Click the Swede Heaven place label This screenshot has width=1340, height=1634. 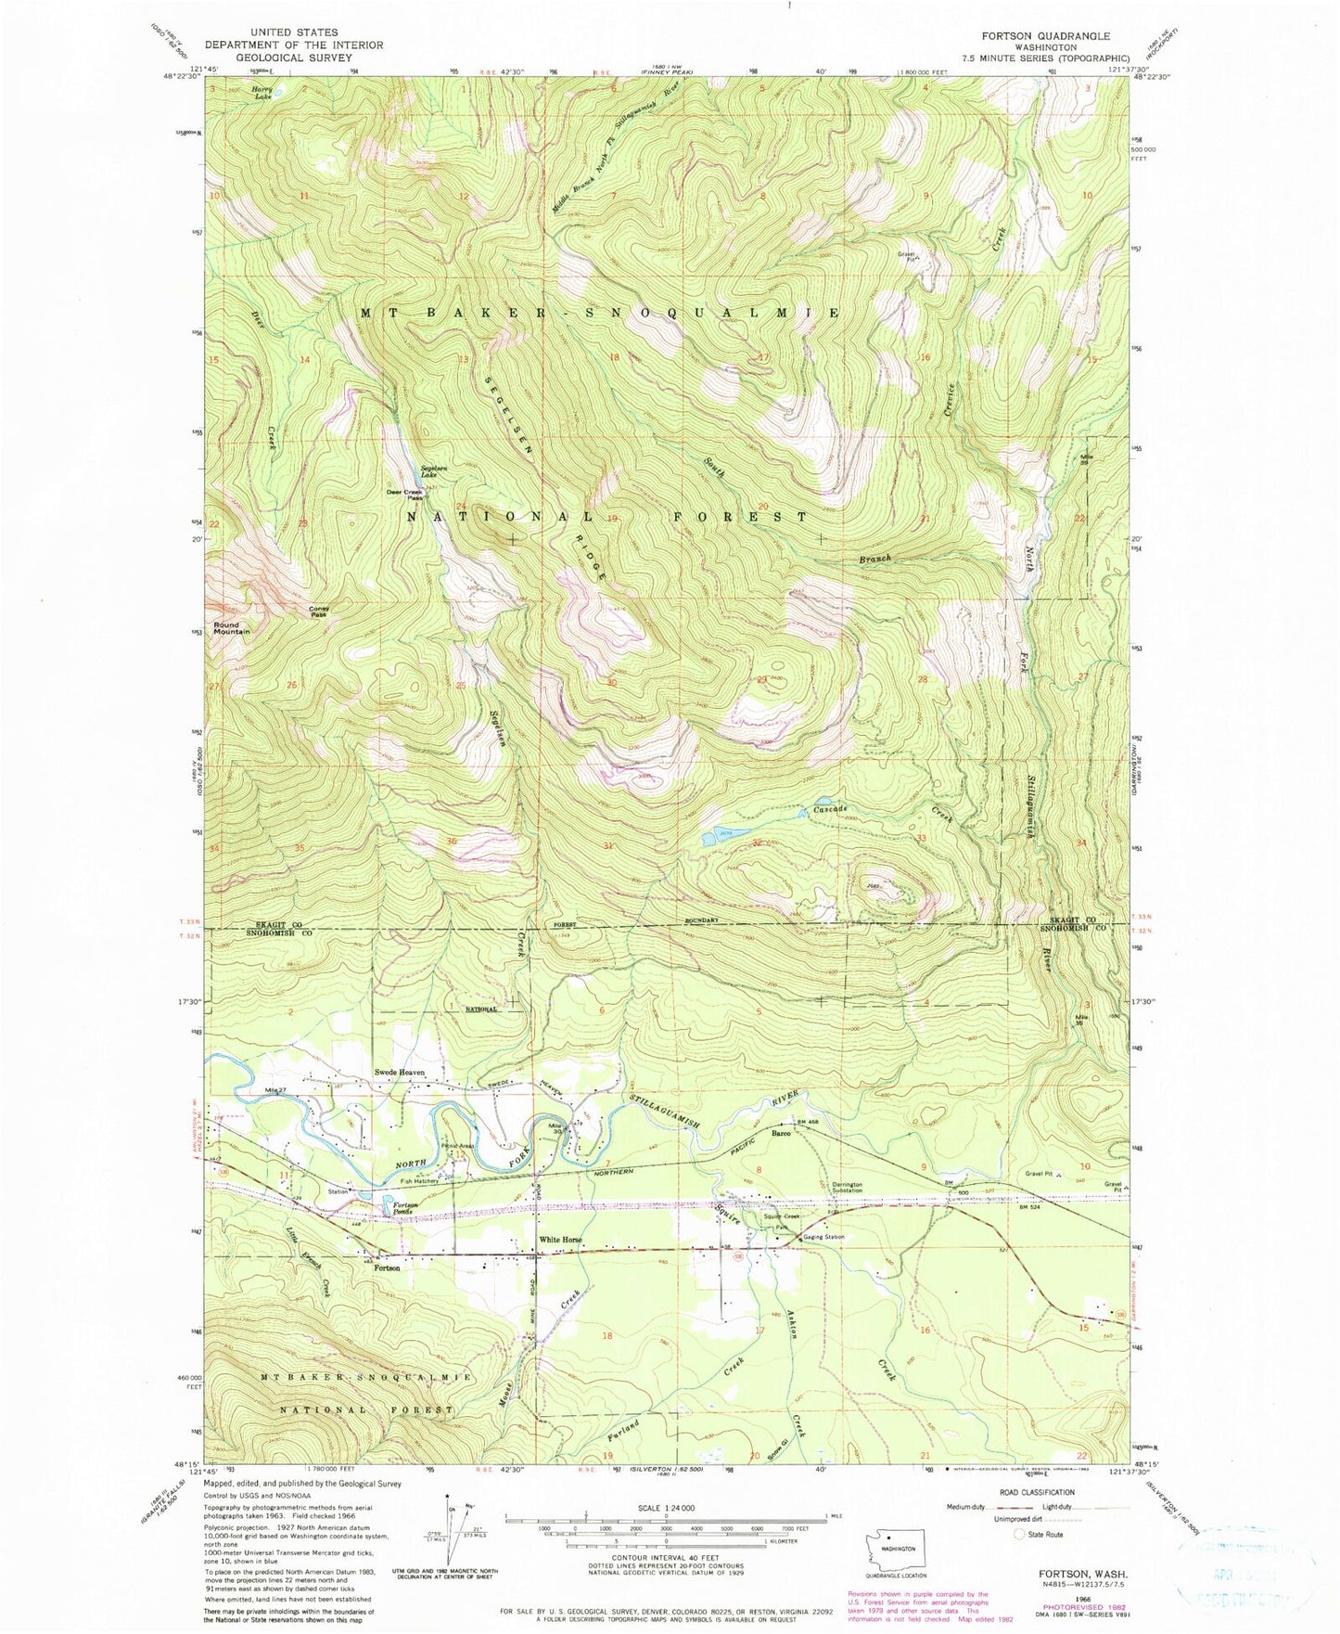(400, 1073)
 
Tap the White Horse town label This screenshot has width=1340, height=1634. (561, 1240)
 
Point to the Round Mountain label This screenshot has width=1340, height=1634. (232, 628)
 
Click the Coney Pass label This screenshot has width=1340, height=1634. (318, 611)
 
